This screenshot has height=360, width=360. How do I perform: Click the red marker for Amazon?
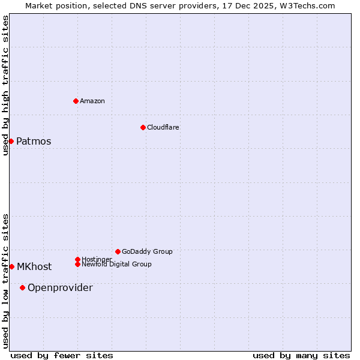click(x=76, y=101)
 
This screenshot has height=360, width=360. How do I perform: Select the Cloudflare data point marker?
click(x=143, y=127)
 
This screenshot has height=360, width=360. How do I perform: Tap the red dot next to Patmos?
click(x=11, y=141)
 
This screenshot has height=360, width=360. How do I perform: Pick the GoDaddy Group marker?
click(x=118, y=251)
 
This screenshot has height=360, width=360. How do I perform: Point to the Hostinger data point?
click(x=77, y=259)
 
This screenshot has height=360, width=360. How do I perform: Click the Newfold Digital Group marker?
click(x=77, y=264)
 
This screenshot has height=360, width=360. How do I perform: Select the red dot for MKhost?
click(x=11, y=266)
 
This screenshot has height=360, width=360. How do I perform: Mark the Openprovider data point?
click(x=22, y=287)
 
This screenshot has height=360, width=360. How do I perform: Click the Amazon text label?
click(x=92, y=101)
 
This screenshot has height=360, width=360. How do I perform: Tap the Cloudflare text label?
click(x=163, y=127)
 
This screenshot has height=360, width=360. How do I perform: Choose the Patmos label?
click(x=34, y=142)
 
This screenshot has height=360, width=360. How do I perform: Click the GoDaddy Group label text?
click(x=147, y=251)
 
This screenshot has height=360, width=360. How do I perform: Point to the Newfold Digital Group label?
click(x=116, y=264)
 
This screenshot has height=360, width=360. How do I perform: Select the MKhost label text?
click(x=34, y=267)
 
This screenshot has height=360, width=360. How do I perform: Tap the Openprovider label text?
click(x=60, y=288)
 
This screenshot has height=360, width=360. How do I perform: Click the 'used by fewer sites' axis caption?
click(x=62, y=355)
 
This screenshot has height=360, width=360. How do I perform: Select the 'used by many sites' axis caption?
click(x=301, y=355)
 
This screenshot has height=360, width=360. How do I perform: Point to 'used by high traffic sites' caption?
click(x=5, y=85)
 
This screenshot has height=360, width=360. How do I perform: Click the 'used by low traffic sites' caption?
click(x=5, y=281)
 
